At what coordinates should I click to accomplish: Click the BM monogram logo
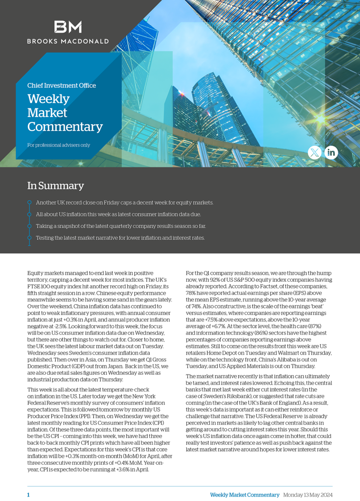[67, 27]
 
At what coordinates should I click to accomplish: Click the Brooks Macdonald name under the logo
[67, 42]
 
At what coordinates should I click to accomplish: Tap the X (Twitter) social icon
[315, 153]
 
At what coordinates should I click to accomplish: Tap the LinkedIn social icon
[331, 153]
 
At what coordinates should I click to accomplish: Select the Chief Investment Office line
[62, 86]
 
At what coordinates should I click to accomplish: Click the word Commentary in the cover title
[65, 127]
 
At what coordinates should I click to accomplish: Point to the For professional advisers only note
[59, 145]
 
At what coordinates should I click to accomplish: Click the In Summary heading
[55, 186]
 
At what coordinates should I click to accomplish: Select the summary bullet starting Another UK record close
[124, 203]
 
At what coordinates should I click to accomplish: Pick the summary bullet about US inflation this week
[118, 214]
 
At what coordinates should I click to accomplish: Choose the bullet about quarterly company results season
[121, 226]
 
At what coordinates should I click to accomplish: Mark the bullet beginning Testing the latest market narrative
[120, 238]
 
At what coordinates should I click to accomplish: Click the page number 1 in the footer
[28, 495]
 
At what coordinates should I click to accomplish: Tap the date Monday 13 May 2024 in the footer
[308, 495]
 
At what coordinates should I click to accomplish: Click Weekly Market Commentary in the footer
[245, 495]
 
